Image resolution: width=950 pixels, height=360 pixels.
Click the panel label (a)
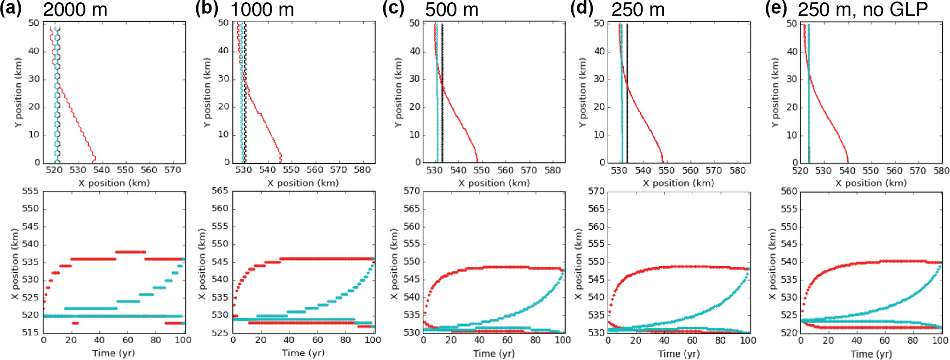coord(11,9)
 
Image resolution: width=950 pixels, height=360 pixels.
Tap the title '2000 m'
coord(75,10)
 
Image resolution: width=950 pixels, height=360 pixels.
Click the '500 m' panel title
coord(451,10)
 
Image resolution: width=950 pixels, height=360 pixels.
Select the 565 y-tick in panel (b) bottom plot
coord(220,191)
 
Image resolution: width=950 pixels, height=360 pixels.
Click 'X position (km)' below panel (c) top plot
coord(494,183)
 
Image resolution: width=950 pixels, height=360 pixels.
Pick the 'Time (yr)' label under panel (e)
coord(871,354)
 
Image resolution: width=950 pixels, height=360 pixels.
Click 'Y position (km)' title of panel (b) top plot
coord(207,92)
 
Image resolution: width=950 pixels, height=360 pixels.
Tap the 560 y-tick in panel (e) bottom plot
coord(789,191)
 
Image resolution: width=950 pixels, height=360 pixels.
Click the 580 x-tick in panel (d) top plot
coord(738,170)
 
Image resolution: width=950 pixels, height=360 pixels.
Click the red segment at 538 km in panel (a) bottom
coord(131,252)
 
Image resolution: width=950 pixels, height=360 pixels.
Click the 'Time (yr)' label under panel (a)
coord(113,353)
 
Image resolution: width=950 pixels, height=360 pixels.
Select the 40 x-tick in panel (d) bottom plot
coord(664,340)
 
